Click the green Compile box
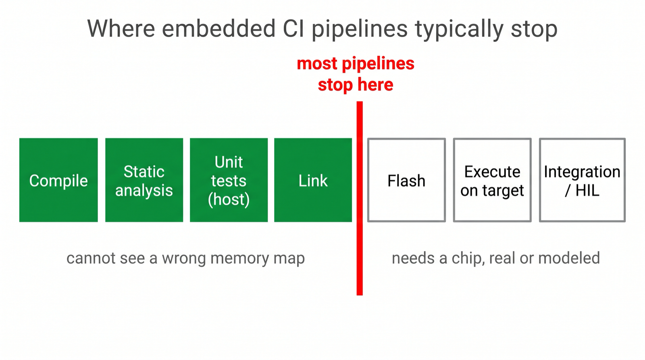[x=58, y=180]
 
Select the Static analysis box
[x=144, y=180]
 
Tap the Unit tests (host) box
[x=229, y=180]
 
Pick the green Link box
[x=313, y=180]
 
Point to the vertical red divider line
[x=360, y=198]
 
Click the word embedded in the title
[x=219, y=29]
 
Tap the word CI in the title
[x=293, y=29]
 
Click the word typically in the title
[x=459, y=30]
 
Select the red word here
[x=375, y=85]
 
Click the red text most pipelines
[x=356, y=64]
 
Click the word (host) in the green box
[x=229, y=199]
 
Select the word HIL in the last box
[x=587, y=190]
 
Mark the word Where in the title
[x=121, y=29]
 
